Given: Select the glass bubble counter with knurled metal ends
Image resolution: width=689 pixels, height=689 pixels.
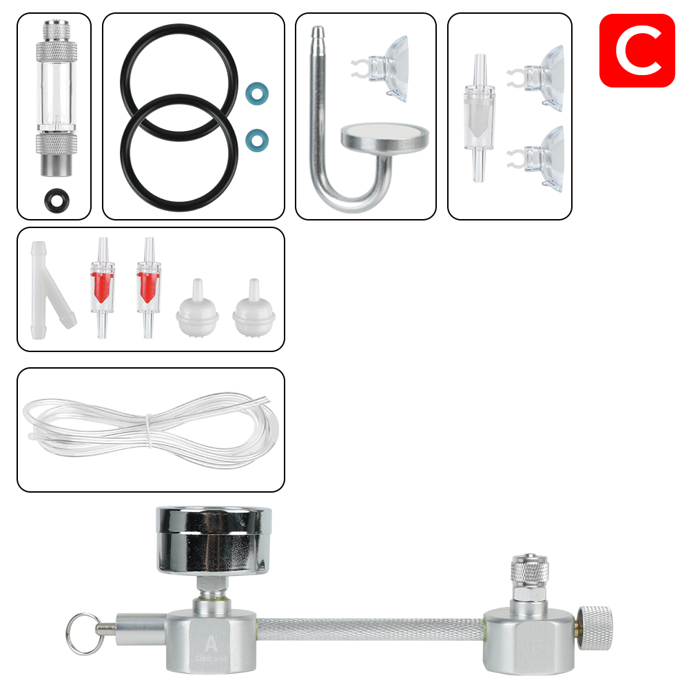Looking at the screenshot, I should (54, 100).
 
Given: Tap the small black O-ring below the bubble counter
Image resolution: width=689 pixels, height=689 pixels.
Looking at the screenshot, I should (54, 200).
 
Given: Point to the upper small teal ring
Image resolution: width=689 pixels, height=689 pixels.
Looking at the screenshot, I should (257, 93).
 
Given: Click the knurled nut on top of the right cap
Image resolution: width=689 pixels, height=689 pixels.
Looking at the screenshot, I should (527, 570).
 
